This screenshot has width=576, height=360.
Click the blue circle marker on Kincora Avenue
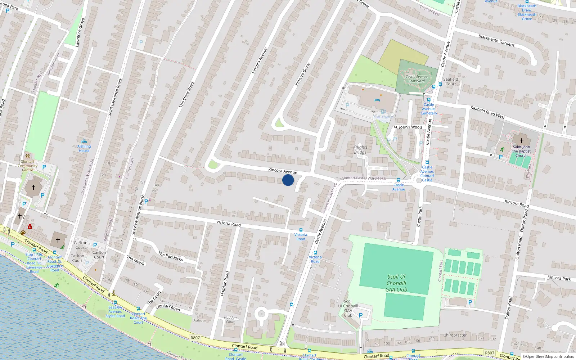[288, 180]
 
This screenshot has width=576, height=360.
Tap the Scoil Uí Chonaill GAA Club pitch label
[396, 283]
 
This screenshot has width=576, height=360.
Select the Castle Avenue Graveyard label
[417, 78]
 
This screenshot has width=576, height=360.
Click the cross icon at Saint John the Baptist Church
[521, 140]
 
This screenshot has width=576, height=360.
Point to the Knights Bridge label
[360, 149]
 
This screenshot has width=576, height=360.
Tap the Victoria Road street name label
[229, 224]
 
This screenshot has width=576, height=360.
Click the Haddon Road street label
[224, 284]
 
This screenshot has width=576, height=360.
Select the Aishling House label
[84, 148]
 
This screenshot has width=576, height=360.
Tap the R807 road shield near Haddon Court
[195, 338]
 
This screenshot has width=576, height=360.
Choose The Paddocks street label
[171, 256]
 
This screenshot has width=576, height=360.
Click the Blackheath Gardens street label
[496, 40]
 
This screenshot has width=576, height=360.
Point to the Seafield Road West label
[488, 112]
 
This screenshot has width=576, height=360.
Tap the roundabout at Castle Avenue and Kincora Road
[419, 181]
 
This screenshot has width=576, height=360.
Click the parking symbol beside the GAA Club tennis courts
[470, 302]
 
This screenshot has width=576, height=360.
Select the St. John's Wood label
[408, 127]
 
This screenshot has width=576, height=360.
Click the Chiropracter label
[455, 335]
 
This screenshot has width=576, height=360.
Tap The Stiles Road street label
[186, 94]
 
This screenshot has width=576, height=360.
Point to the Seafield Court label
[451, 82]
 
